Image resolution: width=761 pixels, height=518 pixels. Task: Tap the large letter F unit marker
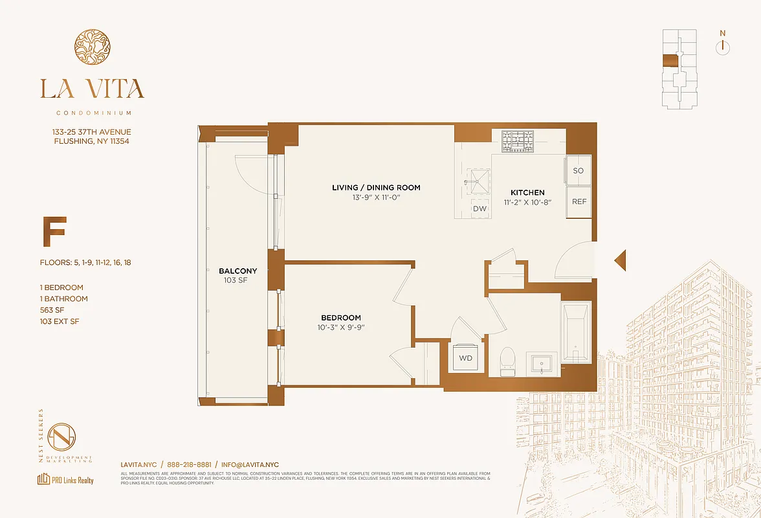click(x=54, y=234)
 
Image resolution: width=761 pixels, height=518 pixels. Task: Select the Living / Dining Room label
click(x=376, y=188)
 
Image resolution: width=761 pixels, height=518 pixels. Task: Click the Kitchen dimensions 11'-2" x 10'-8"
click(x=527, y=203)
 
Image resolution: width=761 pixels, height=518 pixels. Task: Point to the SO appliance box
click(x=579, y=170)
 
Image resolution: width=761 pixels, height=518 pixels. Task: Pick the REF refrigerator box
click(x=579, y=202)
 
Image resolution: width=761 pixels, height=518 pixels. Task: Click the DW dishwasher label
click(x=480, y=209)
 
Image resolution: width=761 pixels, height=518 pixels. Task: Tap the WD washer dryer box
click(x=465, y=357)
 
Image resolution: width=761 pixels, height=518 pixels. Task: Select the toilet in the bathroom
click(x=507, y=359)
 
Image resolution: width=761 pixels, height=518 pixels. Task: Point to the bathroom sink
click(x=542, y=364)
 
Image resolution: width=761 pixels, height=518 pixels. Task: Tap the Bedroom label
click(x=341, y=318)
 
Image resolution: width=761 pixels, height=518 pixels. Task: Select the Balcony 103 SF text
click(x=237, y=276)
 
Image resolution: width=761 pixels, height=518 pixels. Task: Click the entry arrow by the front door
click(x=620, y=260)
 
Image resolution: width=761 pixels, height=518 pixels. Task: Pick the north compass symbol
click(x=723, y=47)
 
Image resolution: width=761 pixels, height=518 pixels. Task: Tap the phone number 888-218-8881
click(x=189, y=465)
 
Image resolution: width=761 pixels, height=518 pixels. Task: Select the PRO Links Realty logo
click(x=65, y=480)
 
